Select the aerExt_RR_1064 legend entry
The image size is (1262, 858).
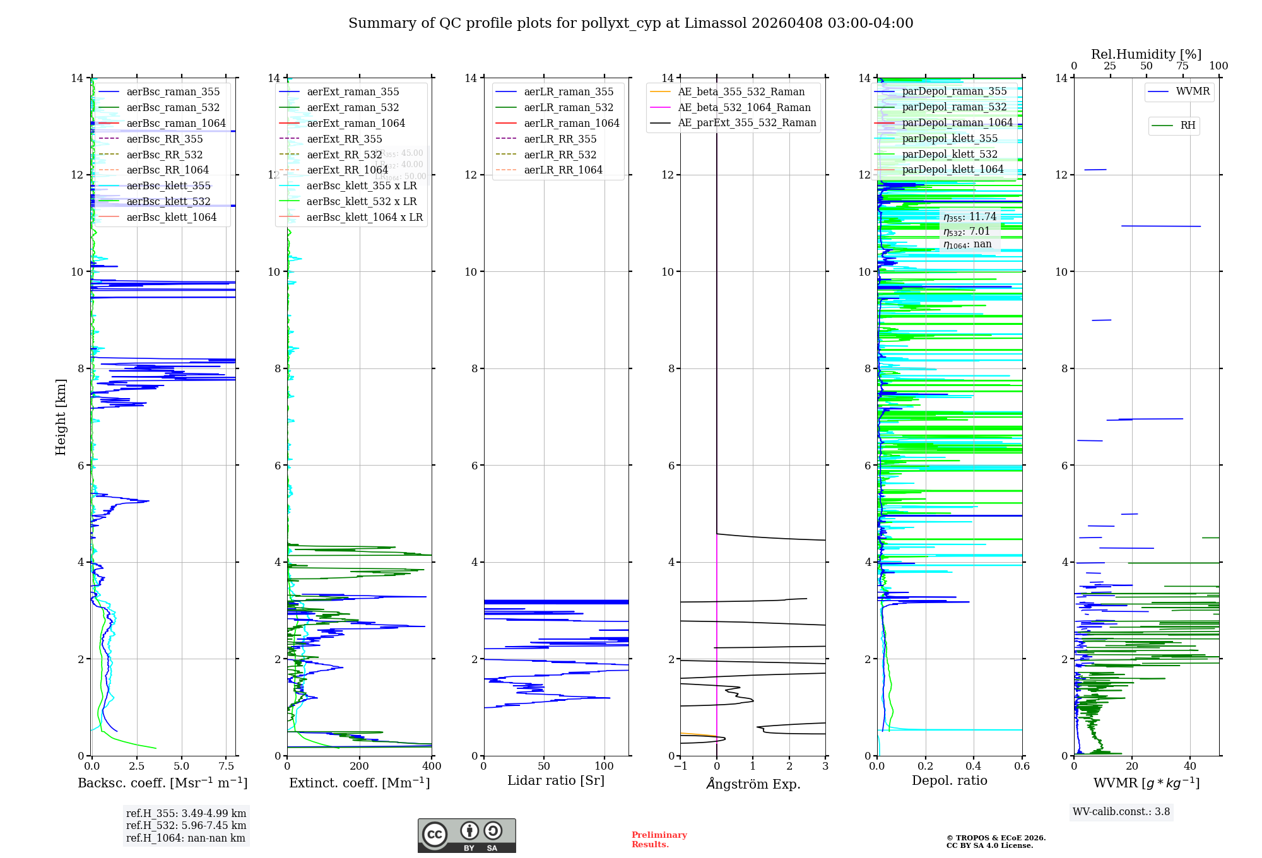coord(347,170)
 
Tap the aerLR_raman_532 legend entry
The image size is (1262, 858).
coord(568,108)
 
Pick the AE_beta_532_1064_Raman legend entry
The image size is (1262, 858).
coord(744,108)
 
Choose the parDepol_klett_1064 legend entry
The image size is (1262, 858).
coord(952,170)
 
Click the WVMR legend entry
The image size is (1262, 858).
coord(1193,92)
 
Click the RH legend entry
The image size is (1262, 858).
coord(1188,126)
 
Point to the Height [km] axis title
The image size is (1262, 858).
coord(61,416)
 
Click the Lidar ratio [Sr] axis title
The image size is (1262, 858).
coord(555,781)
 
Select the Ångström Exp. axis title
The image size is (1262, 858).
coord(753,784)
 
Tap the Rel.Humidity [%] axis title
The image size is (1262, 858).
coord(1146,54)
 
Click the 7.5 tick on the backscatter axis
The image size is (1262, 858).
coord(227,767)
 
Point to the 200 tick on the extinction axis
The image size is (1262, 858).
coord(360,767)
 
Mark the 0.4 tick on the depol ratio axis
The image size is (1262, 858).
coord(974,767)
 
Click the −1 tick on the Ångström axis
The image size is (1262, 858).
coord(680,767)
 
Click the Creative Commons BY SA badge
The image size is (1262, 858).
coord(466,836)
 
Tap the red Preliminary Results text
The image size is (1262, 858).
coord(659,840)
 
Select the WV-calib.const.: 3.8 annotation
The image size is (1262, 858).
coord(1121,812)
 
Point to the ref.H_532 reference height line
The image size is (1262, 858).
coord(186,826)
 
